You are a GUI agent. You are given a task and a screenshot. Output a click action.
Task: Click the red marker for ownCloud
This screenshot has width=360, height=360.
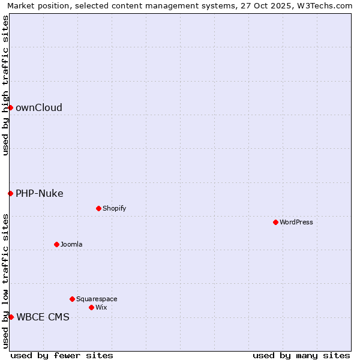point(10,107)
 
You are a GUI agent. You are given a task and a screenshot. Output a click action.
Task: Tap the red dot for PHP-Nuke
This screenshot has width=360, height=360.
point(10,193)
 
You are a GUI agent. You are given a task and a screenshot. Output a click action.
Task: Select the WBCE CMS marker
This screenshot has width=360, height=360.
point(11,317)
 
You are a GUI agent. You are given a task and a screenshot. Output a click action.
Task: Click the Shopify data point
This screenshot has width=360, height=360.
point(98,208)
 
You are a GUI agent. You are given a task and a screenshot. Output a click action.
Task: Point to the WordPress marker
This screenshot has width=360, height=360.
point(275,222)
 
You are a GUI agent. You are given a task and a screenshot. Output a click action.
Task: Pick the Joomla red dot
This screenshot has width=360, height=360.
point(56,244)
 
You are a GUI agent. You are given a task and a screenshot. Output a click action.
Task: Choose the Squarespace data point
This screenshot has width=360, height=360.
point(72,299)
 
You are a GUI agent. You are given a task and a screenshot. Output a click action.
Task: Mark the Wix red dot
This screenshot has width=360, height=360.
point(91,307)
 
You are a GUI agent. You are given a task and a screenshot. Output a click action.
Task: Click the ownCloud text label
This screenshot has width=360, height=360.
point(39,108)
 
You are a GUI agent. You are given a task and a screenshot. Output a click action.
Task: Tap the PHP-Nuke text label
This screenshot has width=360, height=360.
point(40,193)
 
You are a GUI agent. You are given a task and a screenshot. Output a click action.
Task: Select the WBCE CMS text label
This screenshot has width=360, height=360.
point(43,317)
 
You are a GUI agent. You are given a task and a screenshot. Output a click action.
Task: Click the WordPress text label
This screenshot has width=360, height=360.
point(296,222)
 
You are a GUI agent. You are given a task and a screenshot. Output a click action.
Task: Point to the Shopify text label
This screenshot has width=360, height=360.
point(115,208)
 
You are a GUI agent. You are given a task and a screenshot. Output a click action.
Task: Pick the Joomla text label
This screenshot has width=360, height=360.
point(71,244)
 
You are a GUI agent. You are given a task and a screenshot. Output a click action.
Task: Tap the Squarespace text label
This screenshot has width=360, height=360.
point(97,299)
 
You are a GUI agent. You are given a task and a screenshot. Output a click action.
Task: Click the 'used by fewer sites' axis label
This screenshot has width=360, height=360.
point(62,355)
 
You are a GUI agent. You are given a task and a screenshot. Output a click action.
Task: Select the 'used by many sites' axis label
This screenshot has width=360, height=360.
point(301,355)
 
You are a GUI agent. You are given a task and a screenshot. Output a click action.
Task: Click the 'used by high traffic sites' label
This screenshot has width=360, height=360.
point(5,85)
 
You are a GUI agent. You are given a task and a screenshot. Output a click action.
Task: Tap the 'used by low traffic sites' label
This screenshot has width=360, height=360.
point(5,280)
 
